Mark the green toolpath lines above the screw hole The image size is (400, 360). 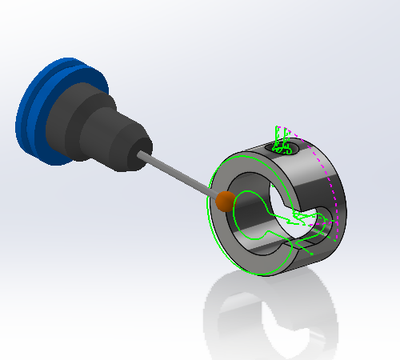[x=281, y=136]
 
